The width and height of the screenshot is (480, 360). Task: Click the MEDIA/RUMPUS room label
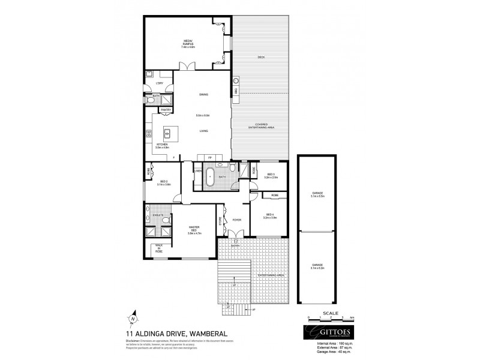tap(189, 44)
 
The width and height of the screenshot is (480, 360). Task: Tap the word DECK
tap(261, 57)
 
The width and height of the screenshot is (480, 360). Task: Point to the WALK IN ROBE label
tap(158, 249)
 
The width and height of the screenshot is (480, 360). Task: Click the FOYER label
tap(237, 220)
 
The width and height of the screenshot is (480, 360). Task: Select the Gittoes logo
tap(324, 333)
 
